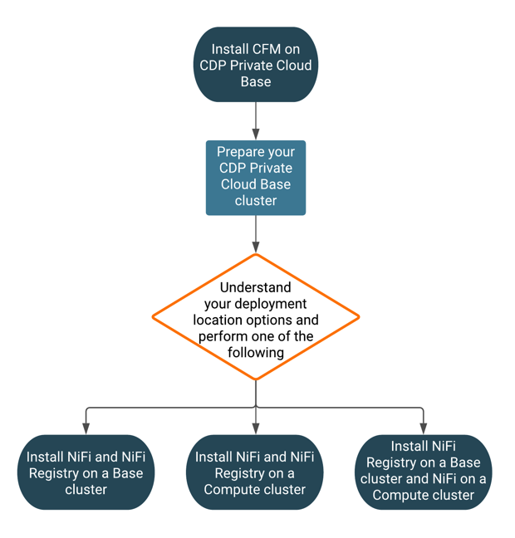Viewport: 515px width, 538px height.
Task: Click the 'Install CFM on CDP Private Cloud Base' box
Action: (256, 66)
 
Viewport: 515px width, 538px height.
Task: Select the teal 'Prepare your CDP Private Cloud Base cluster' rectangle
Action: (256, 178)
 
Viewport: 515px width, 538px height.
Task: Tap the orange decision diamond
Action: (256, 316)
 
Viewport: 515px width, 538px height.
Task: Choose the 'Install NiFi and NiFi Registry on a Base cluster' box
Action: (86, 472)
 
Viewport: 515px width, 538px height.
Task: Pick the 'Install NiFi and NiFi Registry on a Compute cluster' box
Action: (255, 472)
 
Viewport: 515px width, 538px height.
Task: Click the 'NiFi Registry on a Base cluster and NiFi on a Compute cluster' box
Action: (423, 472)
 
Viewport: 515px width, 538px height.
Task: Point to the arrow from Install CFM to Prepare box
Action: (256, 120)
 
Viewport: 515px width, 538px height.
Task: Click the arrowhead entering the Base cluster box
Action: (86, 428)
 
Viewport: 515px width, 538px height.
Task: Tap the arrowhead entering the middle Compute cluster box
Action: (256, 428)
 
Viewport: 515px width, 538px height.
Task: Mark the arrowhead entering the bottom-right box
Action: (424, 428)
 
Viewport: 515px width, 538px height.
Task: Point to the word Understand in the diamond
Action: (255, 287)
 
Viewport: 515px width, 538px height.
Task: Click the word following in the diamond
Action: (256, 352)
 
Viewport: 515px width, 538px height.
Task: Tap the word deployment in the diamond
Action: (272, 304)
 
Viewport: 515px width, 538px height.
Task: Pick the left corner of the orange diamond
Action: (154, 316)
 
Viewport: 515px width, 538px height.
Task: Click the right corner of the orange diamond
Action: (357, 316)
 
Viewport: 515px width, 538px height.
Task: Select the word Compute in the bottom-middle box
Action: (230, 489)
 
